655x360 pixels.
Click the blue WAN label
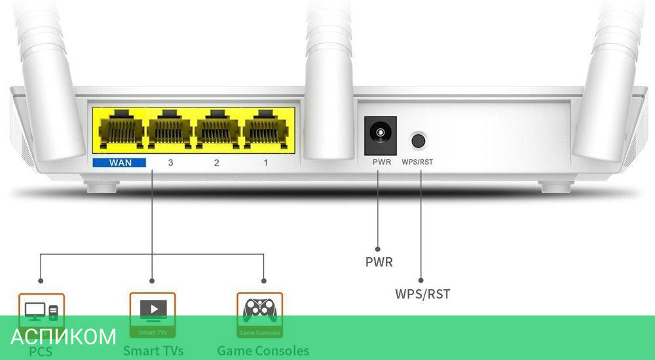click(x=119, y=161)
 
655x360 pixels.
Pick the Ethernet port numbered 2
click(x=217, y=128)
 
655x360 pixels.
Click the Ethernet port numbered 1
click(x=265, y=128)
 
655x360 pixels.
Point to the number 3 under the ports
click(x=170, y=162)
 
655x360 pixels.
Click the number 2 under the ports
click(x=217, y=162)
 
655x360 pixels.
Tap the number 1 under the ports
click(x=265, y=162)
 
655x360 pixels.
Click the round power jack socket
click(x=380, y=135)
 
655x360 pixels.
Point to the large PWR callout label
click(x=379, y=262)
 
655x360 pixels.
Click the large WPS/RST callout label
click(x=422, y=294)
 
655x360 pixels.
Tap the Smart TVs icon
click(x=153, y=310)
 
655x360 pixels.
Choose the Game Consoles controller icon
click(x=259, y=310)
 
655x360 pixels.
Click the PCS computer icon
click(x=41, y=310)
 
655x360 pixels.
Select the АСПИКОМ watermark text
click(x=64, y=336)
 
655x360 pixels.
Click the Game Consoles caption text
click(x=263, y=351)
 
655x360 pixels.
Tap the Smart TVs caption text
click(x=153, y=351)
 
